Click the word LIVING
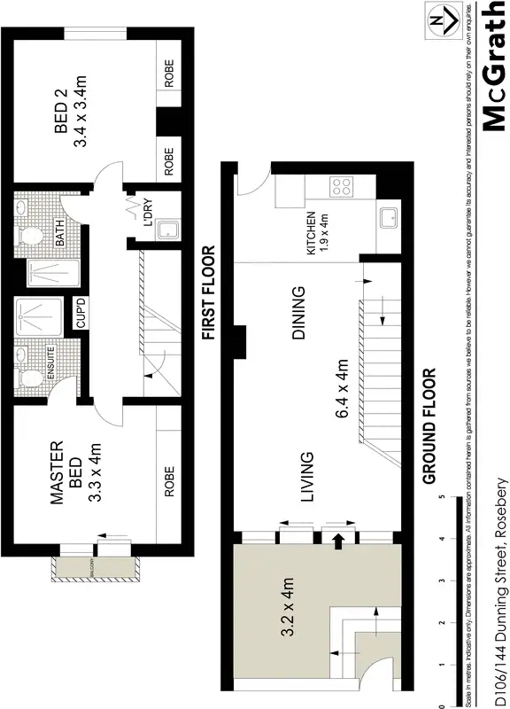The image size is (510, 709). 307,479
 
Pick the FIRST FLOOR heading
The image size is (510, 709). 209,293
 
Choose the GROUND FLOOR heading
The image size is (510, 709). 430,425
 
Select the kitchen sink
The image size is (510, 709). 388,218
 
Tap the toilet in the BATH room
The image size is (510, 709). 30,236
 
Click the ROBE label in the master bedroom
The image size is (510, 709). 169,479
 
